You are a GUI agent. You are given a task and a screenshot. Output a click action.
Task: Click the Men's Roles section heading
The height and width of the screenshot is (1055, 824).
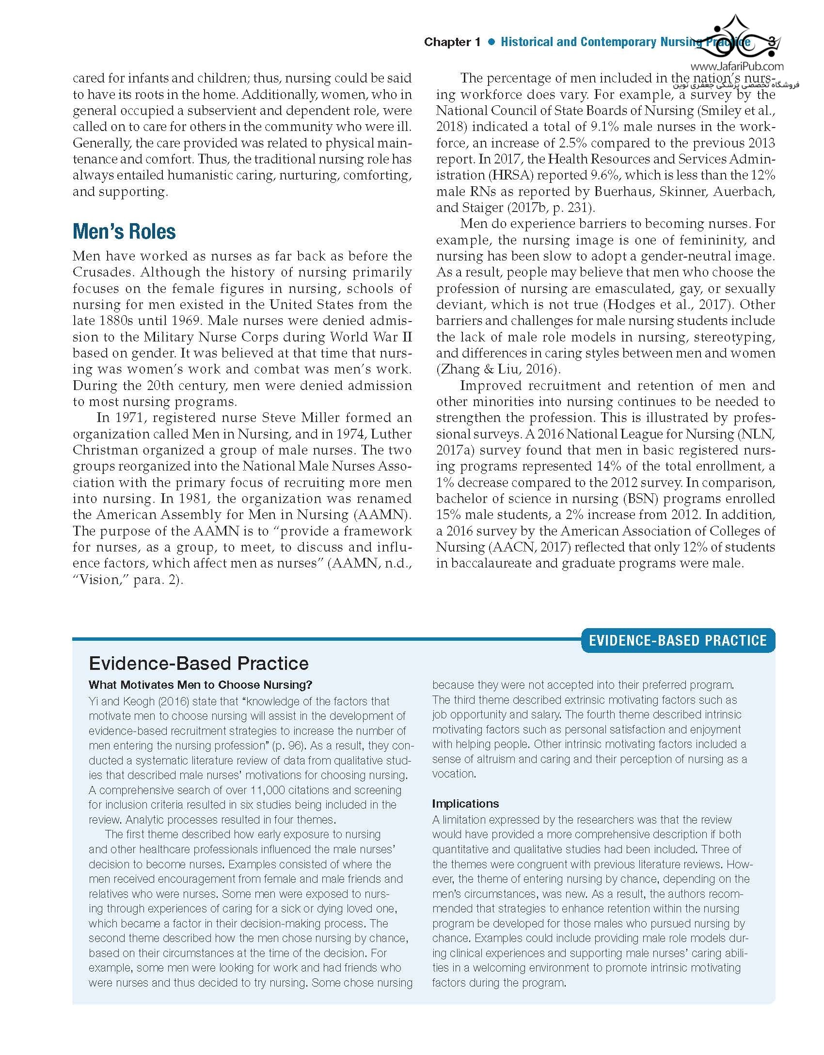coord(124,231)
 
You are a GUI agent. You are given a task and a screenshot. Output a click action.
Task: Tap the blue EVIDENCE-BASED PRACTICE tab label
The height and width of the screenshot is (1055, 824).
coord(678,640)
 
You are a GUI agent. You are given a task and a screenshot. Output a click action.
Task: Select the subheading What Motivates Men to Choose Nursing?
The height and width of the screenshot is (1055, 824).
coord(200,685)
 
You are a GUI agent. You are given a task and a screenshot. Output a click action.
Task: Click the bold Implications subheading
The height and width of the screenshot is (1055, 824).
coord(465,803)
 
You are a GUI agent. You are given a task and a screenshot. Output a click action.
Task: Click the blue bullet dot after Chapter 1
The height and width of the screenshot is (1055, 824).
coord(491,42)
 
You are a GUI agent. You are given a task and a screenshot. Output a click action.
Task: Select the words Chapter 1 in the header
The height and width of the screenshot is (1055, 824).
coord(452,42)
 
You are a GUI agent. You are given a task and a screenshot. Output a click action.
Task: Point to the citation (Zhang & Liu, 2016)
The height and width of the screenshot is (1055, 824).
coord(498,369)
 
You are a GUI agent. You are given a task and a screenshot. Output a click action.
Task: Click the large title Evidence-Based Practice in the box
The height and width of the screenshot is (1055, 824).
coord(199,663)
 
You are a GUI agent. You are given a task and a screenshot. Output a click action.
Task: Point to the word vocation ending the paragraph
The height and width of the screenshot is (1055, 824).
coord(454,773)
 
